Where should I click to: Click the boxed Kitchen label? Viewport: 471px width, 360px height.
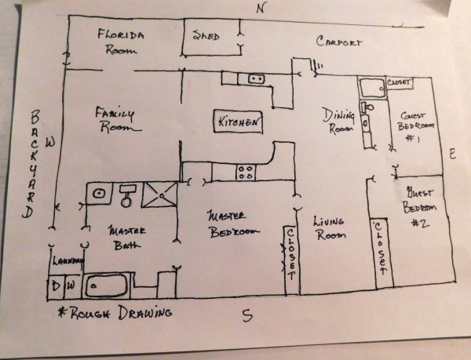click(239, 122)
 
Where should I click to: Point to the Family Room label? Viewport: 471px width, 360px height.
click(116, 119)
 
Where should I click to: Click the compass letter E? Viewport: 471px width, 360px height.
click(452, 155)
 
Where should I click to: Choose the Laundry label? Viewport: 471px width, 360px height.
click(62, 263)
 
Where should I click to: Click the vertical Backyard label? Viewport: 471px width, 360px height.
click(32, 164)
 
